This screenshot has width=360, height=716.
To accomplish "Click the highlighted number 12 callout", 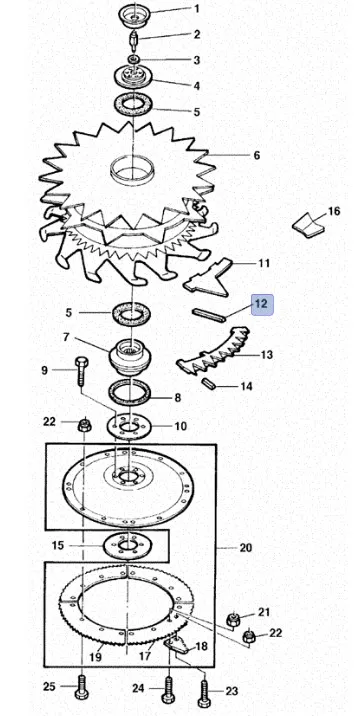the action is pyautogui.click(x=262, y=305).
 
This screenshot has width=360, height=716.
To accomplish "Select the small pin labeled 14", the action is pyautogui.click(x=209, y=383).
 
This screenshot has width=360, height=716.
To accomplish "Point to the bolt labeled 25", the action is pyautogui.click(x=82, y=687).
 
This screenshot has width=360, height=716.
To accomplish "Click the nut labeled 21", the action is pyautogui.click(x=233, y=620).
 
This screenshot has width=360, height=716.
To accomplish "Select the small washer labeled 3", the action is pyautogui.click(x=134, y=59).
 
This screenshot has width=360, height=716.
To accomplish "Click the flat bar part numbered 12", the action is pyautogui.click(x=209, y=315).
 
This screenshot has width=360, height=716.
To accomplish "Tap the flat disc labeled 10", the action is pyautogui.click(x=128, y=426).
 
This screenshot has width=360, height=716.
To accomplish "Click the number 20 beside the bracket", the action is pyautogui.click(x=246, y=547).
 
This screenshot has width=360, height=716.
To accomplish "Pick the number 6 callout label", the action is pyautogui.click(x=256, y=155).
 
